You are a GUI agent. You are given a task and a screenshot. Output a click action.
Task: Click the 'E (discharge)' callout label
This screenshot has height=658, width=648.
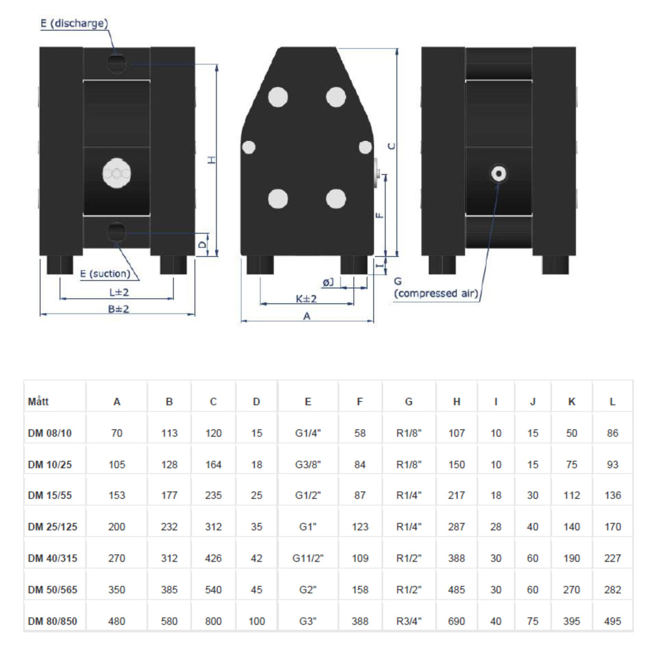coord(74,23)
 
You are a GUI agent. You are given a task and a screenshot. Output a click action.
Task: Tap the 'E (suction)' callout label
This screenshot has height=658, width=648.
coord(105,274)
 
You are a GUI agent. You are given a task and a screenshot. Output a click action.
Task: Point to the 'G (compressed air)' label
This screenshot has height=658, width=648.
coord(436,288)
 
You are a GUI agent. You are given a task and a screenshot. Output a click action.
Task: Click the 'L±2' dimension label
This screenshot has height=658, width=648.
coord(119,292)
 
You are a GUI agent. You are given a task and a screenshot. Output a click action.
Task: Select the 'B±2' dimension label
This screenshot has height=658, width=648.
coord(118,309)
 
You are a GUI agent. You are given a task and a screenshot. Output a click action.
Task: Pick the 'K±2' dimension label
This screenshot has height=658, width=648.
coord(306,299)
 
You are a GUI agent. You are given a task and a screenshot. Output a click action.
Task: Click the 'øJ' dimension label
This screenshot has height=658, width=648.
coord(328,283)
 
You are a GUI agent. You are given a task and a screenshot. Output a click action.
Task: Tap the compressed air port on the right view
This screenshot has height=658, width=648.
coord(498,174)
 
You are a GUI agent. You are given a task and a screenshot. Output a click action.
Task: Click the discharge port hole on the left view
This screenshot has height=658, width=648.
coord(117,63)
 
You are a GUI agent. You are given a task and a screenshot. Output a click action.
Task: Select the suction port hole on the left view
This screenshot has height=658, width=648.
coord(117,232)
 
